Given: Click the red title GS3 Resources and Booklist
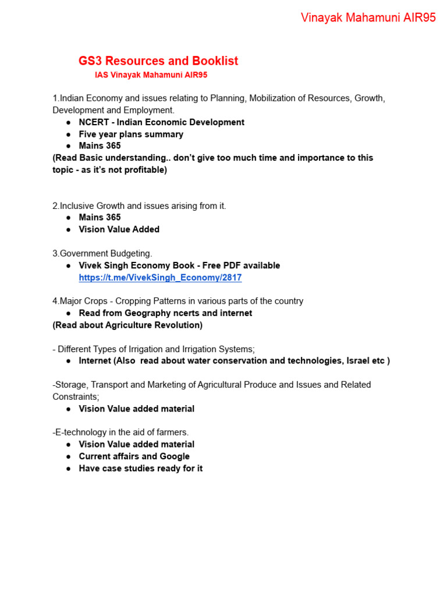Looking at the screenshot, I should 158,61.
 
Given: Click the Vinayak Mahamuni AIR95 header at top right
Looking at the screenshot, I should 368,18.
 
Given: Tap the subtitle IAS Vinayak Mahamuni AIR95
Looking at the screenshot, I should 151,75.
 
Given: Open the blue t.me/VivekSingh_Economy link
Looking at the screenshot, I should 160,278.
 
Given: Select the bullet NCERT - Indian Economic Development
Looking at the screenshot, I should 161,122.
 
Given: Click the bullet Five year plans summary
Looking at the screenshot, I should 131,134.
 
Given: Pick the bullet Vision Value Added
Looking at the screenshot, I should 119,229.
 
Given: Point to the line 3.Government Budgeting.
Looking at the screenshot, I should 102,253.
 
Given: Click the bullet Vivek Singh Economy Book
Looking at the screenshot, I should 179,265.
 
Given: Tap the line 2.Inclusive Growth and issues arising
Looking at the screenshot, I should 139,205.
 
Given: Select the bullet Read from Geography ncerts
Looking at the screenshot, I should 165,313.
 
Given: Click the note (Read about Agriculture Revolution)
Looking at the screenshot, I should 127,325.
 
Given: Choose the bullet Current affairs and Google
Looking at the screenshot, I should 134,456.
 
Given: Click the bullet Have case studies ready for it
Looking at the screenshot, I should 140,469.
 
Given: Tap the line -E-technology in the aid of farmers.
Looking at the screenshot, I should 120,432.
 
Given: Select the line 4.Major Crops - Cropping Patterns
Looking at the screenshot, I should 178,301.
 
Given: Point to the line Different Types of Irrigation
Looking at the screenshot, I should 154,349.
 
